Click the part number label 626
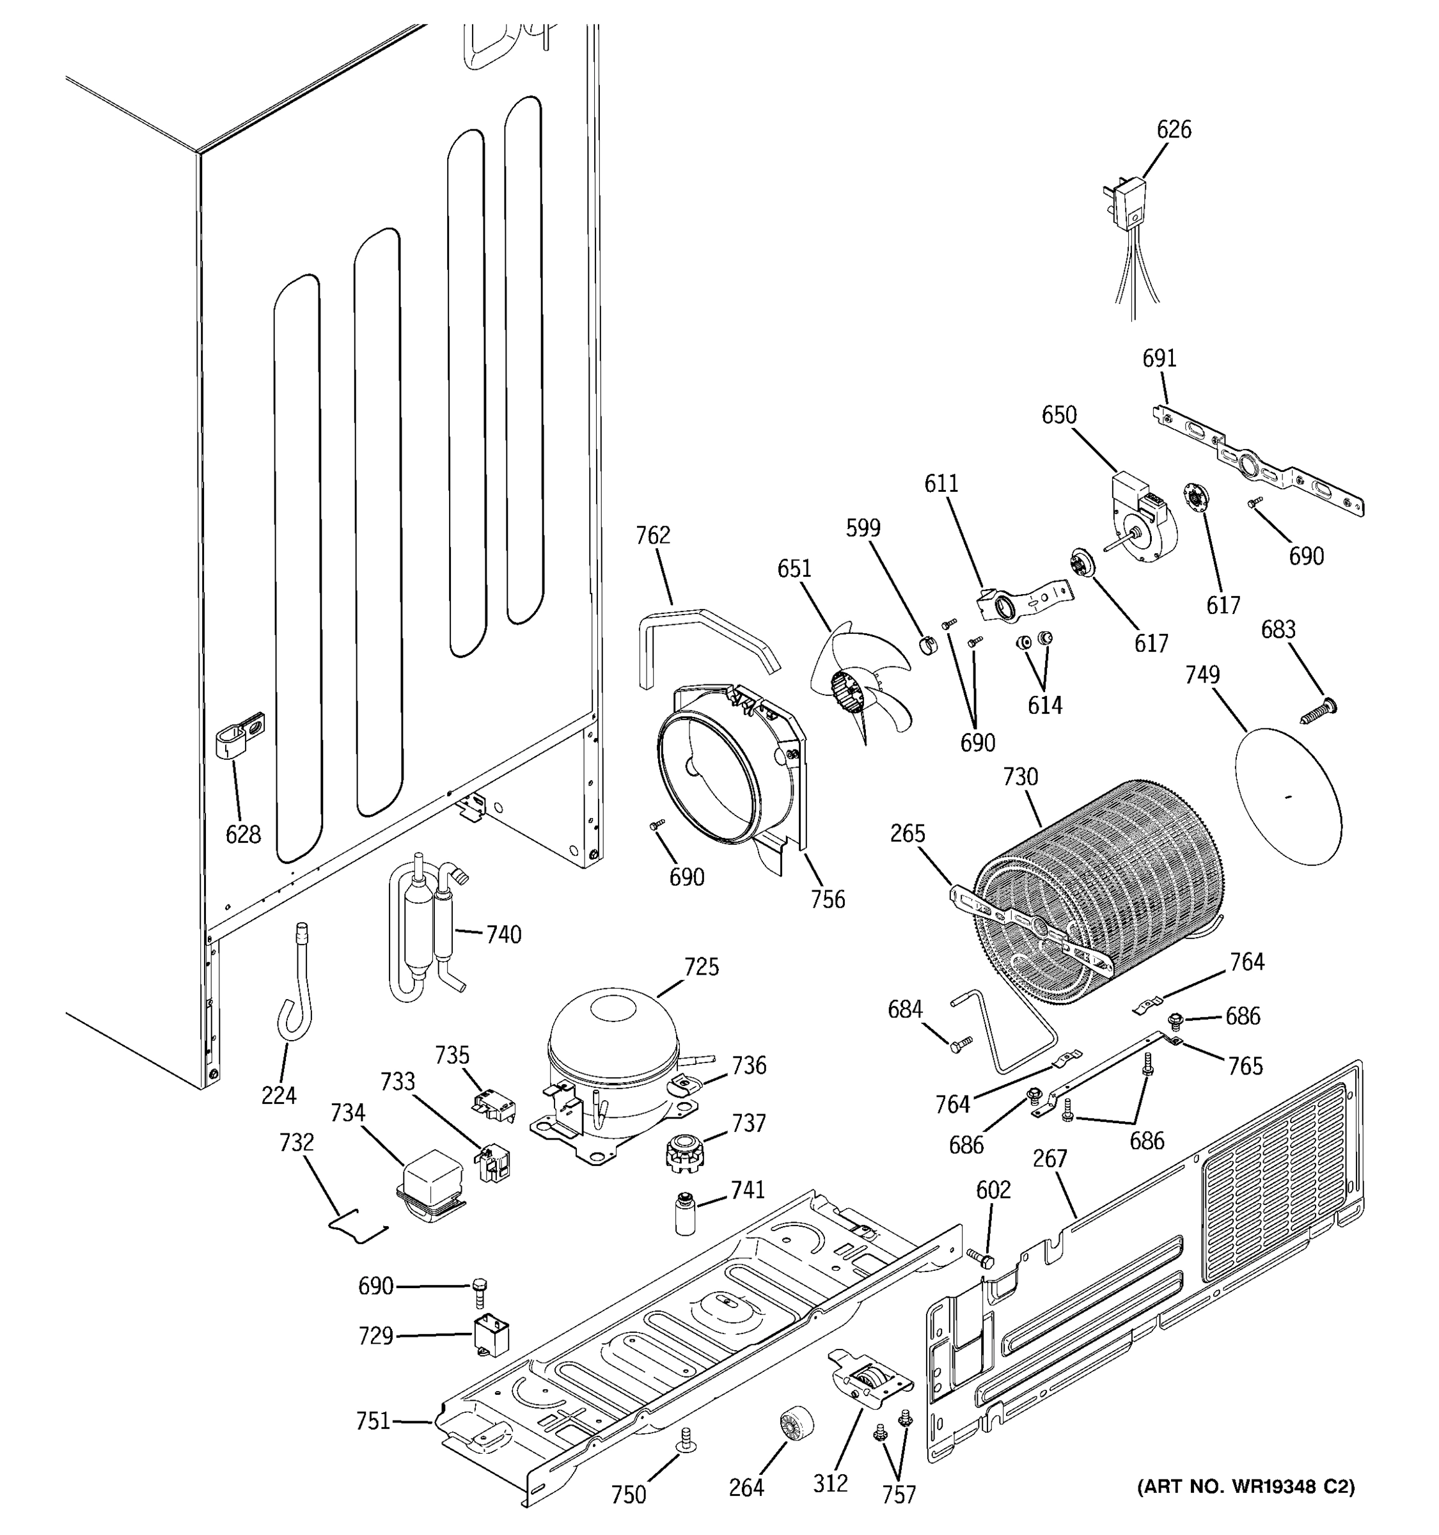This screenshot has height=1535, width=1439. coord(1174,130)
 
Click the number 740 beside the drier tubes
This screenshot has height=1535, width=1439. coord(503,935)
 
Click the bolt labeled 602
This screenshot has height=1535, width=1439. coord(980,1259)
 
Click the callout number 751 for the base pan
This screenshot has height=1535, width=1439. coord(373,1421)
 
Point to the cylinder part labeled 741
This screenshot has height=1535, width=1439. coord(683,1215)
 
